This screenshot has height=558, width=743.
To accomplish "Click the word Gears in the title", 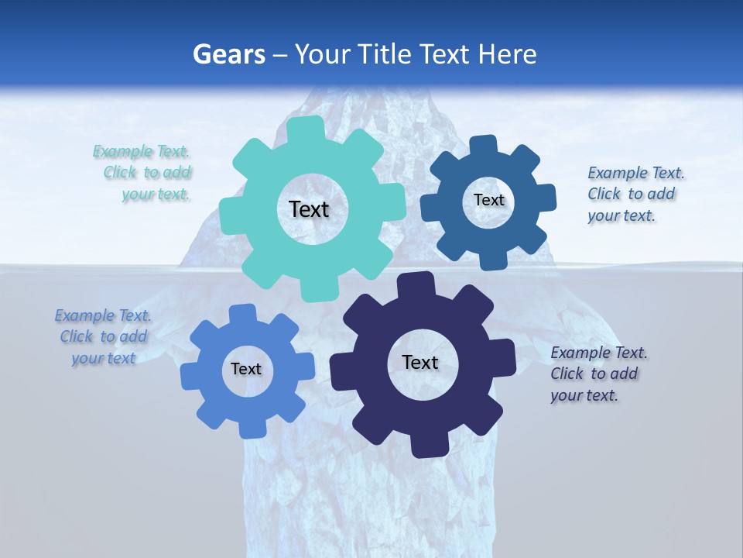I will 228,54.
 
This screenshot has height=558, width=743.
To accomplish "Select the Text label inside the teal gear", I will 309,209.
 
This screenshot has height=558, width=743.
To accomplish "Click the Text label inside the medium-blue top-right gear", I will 488,200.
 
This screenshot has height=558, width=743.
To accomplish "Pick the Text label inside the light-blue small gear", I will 246,369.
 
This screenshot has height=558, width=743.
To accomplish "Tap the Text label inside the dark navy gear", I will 420,362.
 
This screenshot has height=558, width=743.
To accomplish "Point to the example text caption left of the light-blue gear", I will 104,336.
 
